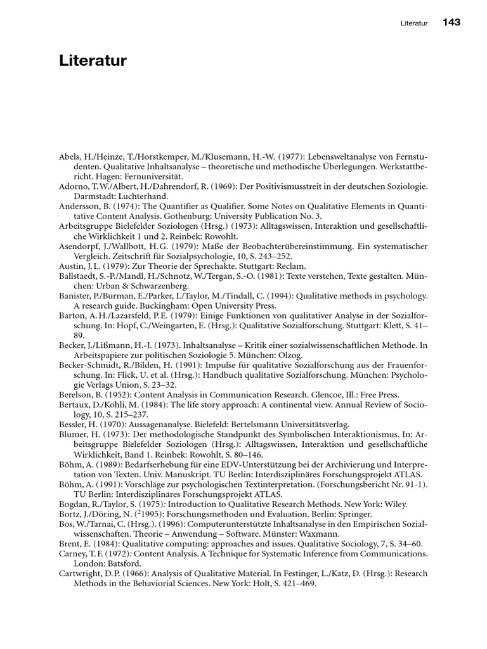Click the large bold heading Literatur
click(x=93, y=61)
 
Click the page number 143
click(x=451, y=22)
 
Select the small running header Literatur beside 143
click(x=415, y=23)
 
